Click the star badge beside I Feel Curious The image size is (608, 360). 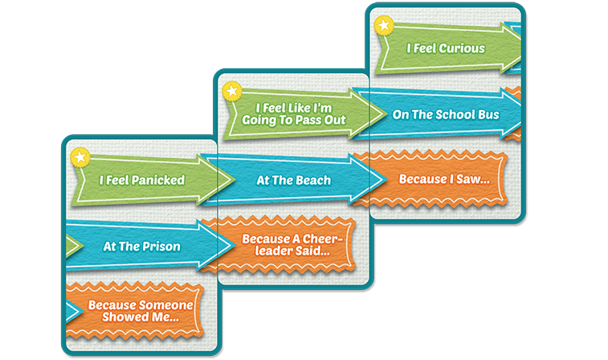coord(384,26)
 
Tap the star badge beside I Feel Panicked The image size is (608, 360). coord(80,157)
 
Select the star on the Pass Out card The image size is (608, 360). coord(232,92)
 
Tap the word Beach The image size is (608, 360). coord(312,180)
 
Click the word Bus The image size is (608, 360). coord(489,114)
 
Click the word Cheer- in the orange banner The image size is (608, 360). coord(323,239)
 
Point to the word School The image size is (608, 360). coord(455,114)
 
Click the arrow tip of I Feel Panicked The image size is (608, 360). coord(235,179)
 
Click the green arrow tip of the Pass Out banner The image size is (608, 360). coord(386,113)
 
